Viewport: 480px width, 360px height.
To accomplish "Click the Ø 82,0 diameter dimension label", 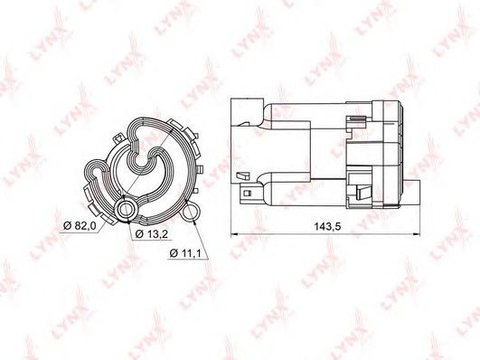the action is coord(80,226).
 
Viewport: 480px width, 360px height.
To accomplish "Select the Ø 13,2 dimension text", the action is coord(151,234).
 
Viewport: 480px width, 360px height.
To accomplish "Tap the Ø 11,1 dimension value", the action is coord(185,253).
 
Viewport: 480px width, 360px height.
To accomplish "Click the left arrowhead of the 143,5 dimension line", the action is coord(234,234).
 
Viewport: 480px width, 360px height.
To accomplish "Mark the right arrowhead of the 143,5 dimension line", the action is coord(417,234).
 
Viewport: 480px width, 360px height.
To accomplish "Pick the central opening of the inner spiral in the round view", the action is coord(141,156).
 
